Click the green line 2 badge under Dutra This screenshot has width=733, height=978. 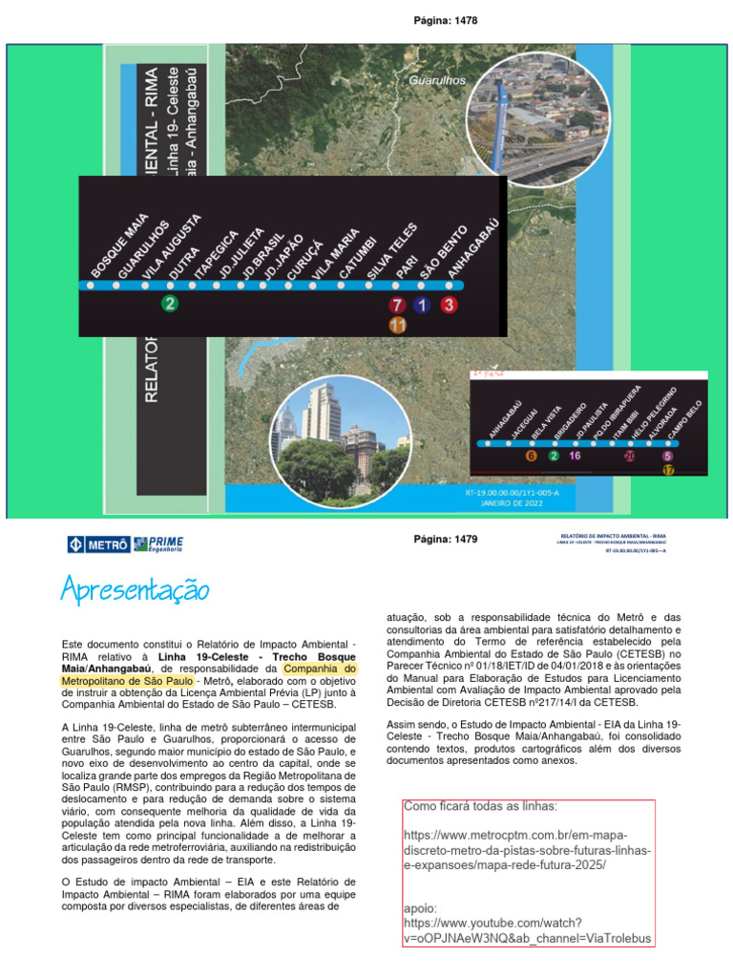(170, 305)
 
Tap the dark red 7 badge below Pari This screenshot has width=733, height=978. (397, 306)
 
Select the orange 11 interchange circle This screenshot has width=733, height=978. (397, 326)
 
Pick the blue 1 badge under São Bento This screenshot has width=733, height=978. (423, 306)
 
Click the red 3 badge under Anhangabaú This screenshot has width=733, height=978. (450, 306)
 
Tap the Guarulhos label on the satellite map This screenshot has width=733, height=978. (437, 81)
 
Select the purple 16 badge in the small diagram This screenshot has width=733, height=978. (575, 456)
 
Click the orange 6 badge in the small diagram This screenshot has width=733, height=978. (531, 456)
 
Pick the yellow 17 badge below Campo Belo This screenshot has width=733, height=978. (668, 470)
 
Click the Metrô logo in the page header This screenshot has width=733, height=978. (99, 545)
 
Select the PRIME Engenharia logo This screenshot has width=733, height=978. (159, 544)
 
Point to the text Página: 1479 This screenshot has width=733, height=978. (446, 540)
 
